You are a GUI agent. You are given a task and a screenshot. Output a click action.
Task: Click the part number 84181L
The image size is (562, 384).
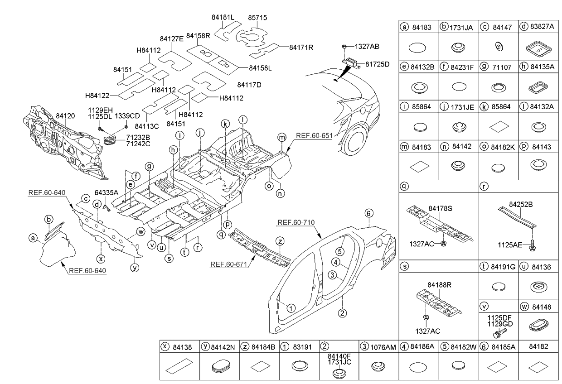(x=223, y=18)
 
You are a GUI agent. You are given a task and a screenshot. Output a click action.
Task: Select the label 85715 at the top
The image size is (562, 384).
(x=257, y=18)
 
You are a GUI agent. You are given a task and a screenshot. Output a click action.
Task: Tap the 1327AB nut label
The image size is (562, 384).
(x=367, y=46)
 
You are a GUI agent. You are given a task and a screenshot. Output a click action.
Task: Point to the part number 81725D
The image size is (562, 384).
(x=377, y=64)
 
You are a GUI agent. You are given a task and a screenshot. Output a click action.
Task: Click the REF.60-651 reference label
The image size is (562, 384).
(x=314, y=135)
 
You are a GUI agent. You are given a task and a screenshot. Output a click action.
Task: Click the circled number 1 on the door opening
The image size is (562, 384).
(x=291, y=307)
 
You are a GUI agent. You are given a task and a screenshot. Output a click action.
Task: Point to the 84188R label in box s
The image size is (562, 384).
(x=440, y=285)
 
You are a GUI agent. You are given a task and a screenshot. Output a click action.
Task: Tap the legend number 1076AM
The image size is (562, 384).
(x=383, y=346)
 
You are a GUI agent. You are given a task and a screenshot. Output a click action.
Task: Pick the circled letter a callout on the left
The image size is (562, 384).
(x=32, y=237)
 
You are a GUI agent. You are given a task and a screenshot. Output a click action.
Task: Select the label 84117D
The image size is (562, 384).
(x=249, y=85)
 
